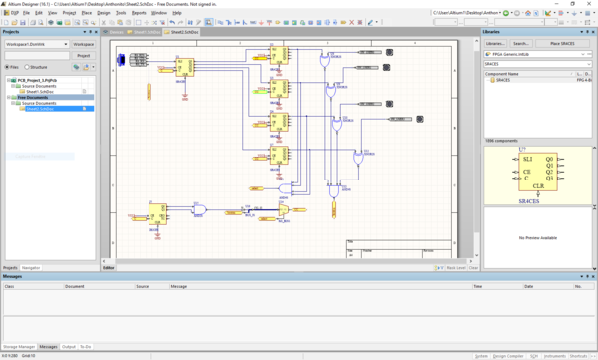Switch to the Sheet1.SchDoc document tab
coord(149,33)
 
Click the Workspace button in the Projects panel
coord(83,44)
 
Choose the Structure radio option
coord(36,67)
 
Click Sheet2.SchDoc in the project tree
coord(46,108)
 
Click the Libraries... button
coord(495,44)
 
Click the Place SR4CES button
coord(561,44)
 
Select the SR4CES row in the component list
coord(504,80)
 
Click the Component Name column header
coord(502,74)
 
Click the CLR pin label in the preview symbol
coord(537,186)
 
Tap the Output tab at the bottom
coord(69,346)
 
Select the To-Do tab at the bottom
coord(86,346)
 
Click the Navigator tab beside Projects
coord(31,268)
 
